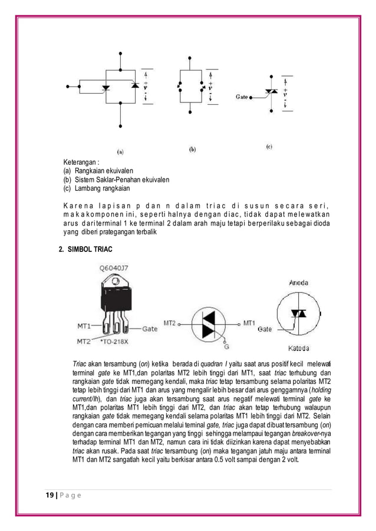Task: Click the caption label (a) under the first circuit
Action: click(120, 151)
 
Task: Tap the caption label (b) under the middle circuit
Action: click(192, 149)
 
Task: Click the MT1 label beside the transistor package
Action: click(85, 324)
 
